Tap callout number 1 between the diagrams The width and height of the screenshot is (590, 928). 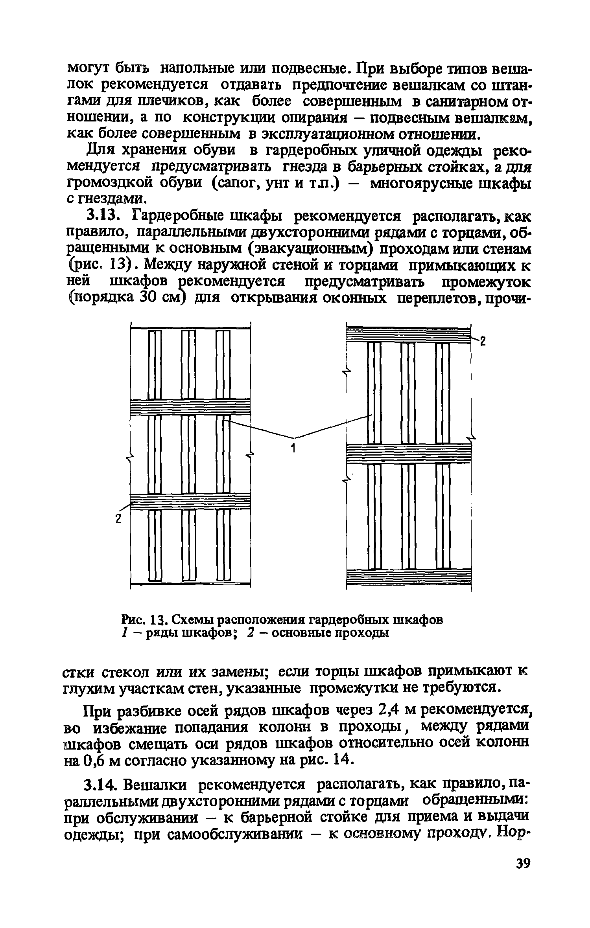[x=293, y=448]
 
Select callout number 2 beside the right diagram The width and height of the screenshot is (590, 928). [x=483, y=342]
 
